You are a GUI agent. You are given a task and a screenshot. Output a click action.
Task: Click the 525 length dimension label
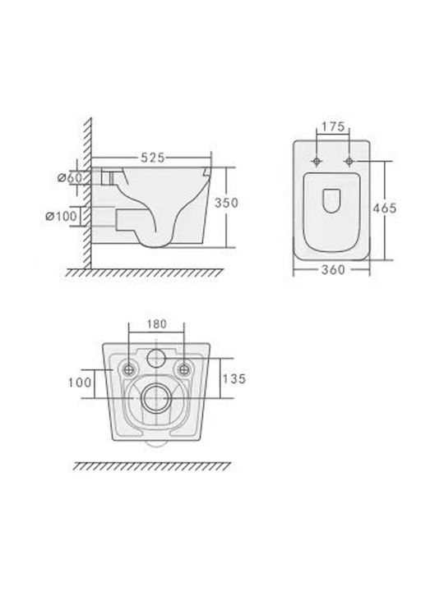(153, 158)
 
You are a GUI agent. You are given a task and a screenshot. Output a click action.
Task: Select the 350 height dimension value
(227, 203)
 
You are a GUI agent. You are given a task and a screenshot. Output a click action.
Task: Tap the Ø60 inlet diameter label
(69, 177)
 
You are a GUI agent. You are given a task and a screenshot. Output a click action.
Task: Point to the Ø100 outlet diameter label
(61, 217)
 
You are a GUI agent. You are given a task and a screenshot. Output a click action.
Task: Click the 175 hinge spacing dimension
(333, 126)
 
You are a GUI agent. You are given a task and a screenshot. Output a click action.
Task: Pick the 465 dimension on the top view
(385, 208)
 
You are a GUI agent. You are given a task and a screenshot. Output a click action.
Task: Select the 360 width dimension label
(333, 270)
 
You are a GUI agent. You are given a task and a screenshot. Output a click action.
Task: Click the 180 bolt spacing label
(157, 323)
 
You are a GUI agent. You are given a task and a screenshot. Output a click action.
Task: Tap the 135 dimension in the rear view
(234, 378)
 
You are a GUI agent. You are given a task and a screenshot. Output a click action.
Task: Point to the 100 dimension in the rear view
(80, 383)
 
